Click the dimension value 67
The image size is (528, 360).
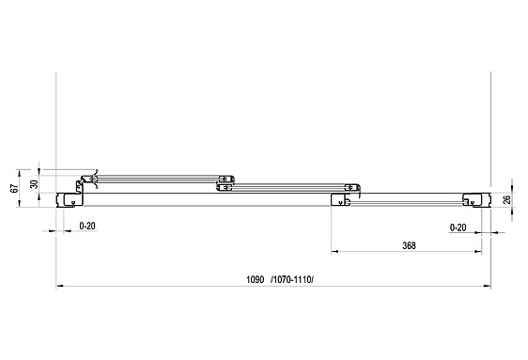[14, 188]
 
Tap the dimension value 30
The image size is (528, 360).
[35, 184]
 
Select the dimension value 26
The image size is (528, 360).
[506, 199]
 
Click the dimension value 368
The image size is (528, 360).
[409, 245]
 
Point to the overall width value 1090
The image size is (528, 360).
[256, 279]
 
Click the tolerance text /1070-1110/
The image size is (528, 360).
[292, 279]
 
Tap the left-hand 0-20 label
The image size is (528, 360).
[87, 226]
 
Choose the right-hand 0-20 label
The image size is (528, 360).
[458, 227]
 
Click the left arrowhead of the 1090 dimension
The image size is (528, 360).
[59, 287]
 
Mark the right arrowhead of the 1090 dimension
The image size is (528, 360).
[487, 287]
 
